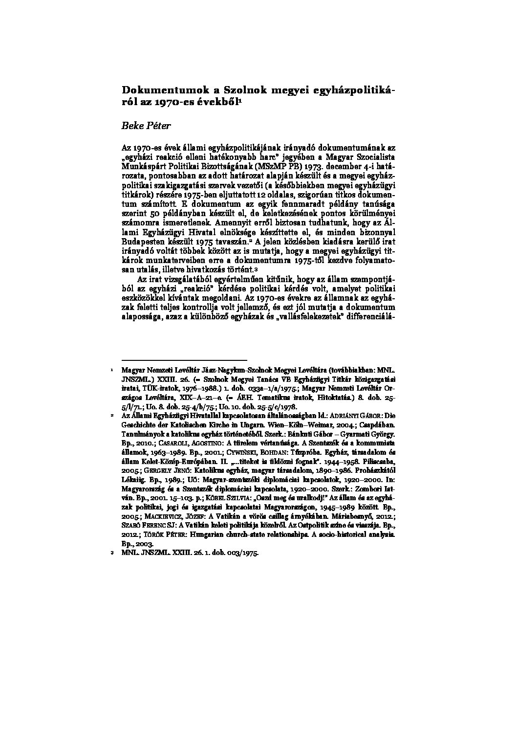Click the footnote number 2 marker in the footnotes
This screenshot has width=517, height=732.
click(112, 415)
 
